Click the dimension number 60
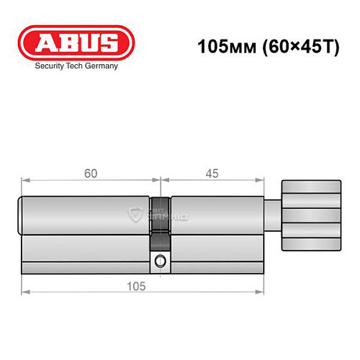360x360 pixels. (x=91, y=174)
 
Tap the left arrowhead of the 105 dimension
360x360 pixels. (x=24, y=292)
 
